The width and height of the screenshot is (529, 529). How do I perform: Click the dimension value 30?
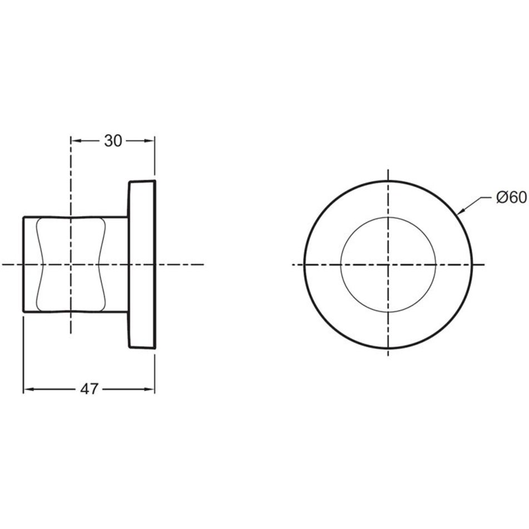pos(113,141)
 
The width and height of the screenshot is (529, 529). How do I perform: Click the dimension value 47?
pos(89,389)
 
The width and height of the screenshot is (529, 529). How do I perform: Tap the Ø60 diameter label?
pos(511,198)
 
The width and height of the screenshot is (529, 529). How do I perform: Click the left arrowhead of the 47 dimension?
pos(28,389)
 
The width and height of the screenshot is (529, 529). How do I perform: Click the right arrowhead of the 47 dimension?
pos(149,389)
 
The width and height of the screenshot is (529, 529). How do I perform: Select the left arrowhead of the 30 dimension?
pos(76,141)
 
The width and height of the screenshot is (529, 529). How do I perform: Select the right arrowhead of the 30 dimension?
pos(149,141)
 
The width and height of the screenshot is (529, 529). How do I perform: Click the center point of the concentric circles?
pos(388,265)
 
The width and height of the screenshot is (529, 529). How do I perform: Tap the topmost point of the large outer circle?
pos(388,182)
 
